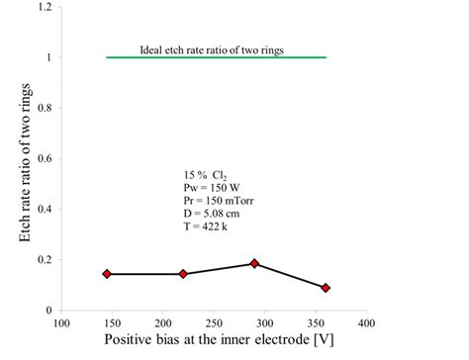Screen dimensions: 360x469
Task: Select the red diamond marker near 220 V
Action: point(183,274)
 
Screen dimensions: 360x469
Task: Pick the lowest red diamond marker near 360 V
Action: point(326,288)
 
